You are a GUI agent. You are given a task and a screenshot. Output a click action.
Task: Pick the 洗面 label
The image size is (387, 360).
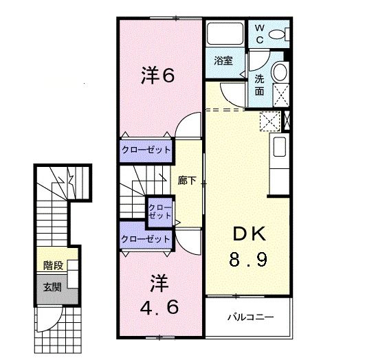(x=261, y=84)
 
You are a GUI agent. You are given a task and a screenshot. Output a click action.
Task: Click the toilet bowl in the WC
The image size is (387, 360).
(x=277, y=33)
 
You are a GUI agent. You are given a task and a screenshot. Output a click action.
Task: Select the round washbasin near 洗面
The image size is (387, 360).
(x=280, y=72)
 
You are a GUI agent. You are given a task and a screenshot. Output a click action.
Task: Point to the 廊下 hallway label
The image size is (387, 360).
(x=187, y=181)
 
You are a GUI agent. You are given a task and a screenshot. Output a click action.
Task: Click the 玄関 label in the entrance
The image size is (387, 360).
(x=52, y=286)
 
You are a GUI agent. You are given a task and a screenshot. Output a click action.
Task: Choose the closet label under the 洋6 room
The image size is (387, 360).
(x=146, y=149)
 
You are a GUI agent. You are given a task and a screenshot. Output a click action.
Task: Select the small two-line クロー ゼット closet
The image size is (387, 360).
(x=160, y=211)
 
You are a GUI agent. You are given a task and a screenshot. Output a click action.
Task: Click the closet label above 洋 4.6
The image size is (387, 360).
(x=146, y=239)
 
